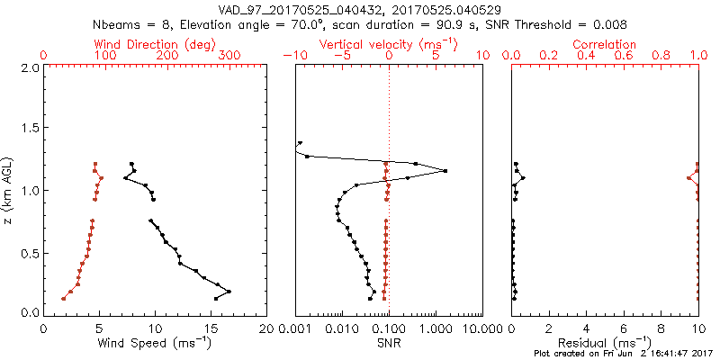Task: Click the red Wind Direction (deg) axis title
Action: point(156,44)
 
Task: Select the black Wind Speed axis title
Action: point(156,343)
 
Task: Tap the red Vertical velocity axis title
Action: point(389,44)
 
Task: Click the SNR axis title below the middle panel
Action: point(389,343)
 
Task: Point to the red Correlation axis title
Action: point(606,44)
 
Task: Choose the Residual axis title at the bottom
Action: point(606,343)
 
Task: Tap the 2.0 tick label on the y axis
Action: point(29,67)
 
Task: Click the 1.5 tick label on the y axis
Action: point(29,129)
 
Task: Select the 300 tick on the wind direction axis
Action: point(230,56)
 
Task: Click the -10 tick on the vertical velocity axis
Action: point(294,56)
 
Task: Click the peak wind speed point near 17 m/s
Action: point(229,291)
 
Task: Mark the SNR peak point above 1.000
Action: point(445,171)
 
